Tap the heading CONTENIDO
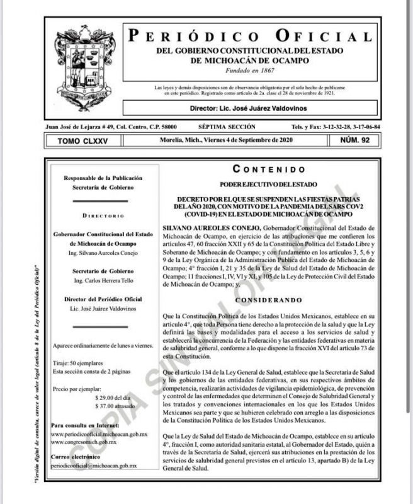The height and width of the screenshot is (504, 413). (x=269, y=168)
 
